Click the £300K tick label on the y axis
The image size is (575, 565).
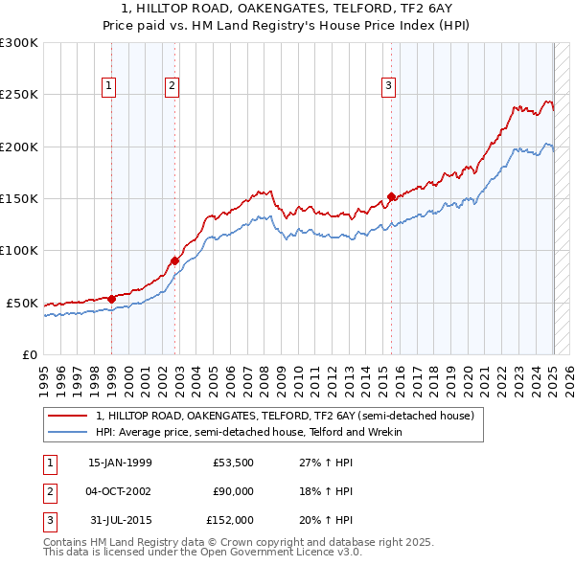pos(19,43)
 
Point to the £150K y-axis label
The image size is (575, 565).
pos(19,199)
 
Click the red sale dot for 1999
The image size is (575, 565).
pos(111,299)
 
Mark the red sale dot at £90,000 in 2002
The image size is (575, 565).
pos(174,260)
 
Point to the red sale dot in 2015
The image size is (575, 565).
pos(391,196)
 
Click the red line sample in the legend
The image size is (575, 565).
pos(67,417)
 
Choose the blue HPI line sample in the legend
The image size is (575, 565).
pos(67,432)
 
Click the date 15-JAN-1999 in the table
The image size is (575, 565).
pos(120,463)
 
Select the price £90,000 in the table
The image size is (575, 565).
pos(233,491)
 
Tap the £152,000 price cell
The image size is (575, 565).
pos(230,520)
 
